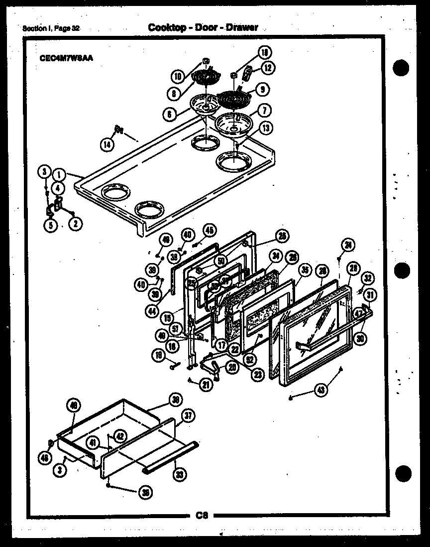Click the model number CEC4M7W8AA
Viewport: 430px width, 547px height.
click(66, 57)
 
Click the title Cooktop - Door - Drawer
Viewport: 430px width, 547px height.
click(203, 27)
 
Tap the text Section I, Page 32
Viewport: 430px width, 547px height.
click(51, 28)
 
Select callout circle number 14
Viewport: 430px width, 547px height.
click(107, 144)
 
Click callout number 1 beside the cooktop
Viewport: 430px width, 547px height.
click(59, 175)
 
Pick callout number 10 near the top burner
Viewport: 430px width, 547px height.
click(178, 76)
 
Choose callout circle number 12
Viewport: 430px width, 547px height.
click(268, 68)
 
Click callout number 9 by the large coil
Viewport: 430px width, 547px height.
click(261, 90)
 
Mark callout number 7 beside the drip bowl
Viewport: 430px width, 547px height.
click(264, 110)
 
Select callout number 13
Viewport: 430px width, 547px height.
click(266, 128)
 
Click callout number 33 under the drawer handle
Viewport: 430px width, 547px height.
click(179, 474)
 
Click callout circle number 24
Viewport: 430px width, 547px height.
click(348, 244)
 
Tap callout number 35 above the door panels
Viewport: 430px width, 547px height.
click(305, 271)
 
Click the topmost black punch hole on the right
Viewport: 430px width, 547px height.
click(402, 67)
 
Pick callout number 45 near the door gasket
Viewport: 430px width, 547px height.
click(210, 230)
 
